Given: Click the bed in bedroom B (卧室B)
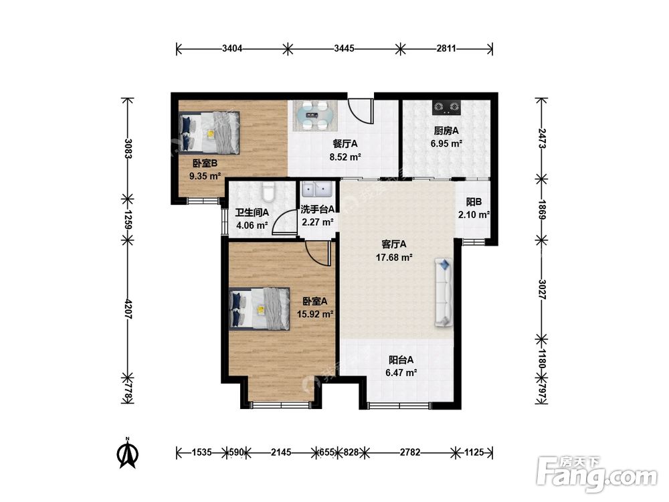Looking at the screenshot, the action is click(x=209, y=133).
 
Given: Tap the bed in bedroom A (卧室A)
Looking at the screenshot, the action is click(x=260, y=308).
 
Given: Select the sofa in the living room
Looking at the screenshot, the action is click(x=444, y=292).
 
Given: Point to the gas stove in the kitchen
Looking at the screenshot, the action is click(x=447, y=108).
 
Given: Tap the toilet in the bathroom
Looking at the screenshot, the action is click(x=268, y=192).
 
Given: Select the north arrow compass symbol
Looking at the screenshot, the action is click(x=128, y=453).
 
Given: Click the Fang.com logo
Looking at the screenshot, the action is click(x=597, y=473).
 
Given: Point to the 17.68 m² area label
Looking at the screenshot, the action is click(x=394, y=258).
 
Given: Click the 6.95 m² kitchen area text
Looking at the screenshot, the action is click(x=446, y=143).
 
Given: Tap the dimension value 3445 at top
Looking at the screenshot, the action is click(x=344, y=48).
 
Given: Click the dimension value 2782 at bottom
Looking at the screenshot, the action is click(x=410, y=452).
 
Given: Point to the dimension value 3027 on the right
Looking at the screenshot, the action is click(x=543, y=289).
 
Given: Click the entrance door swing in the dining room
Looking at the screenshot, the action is click(x=361, y=111).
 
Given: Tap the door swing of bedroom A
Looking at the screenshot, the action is click(x=318, y=254).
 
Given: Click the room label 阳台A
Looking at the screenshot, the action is click(x=401, y=360).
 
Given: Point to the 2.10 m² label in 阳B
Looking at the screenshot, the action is click(x=474, y=215).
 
